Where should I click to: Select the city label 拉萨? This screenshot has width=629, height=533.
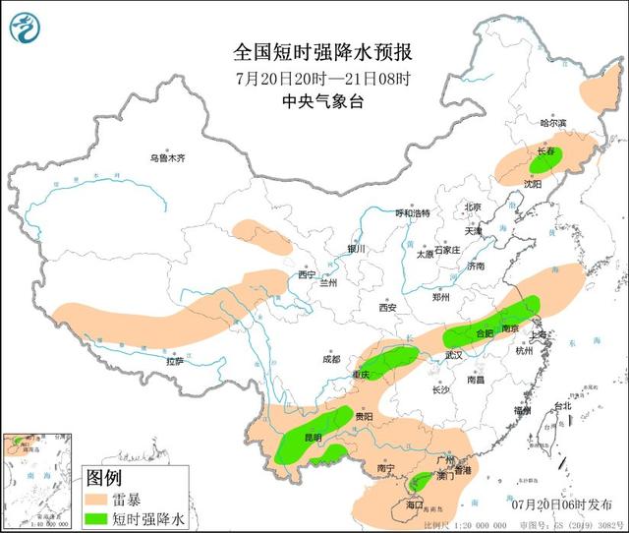(174, 362)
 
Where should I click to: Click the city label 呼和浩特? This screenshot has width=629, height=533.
(413, 212)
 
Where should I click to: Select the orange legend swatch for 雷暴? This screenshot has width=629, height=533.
(95, 500)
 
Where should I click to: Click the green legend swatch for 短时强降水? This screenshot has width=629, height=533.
(95, 518)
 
